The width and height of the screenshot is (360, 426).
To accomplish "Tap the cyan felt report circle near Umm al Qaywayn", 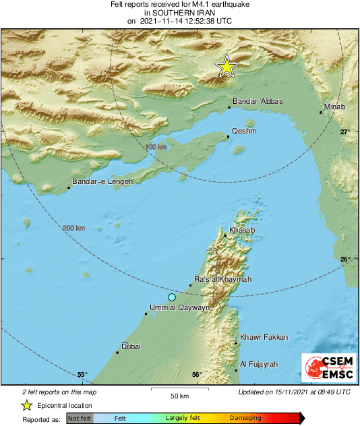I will point(172,297).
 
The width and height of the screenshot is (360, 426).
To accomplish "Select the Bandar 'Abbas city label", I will point(258,102).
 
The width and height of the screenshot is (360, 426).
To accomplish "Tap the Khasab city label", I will point(242,231).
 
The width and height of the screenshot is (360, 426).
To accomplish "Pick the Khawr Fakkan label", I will point(264,337).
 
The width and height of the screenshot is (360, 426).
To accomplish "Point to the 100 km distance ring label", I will point(156,146).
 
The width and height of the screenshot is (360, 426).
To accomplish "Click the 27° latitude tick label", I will point(345,132).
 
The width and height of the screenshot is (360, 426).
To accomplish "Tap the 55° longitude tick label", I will point(82,375).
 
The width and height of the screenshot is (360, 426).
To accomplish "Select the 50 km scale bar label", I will point(179,395).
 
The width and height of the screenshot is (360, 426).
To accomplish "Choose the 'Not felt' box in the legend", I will point(80,419).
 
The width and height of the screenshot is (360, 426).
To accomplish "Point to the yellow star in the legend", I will point(26,405).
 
